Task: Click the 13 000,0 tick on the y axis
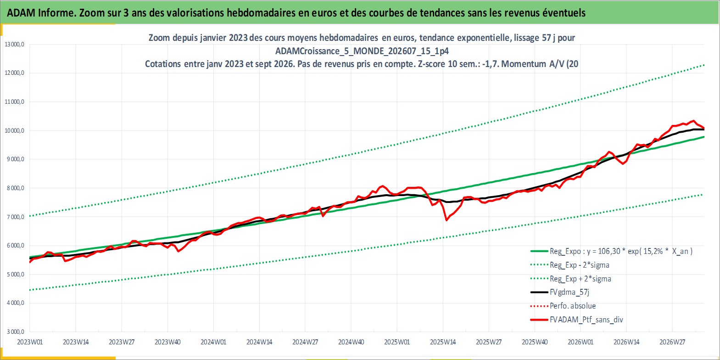click(x=15, y=45)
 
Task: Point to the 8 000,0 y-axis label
click(x=15, y=188)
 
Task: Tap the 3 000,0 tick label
click(x=15, y=332)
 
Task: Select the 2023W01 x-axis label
click(x=30, y=342)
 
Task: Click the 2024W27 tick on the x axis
click(x=305, y=342)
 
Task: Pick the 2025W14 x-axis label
click(x=443, y=342)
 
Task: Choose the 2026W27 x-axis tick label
click(x=672, y=342)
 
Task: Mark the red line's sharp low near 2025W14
click(x=447, y=220)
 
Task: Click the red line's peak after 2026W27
click(x=694, y=121)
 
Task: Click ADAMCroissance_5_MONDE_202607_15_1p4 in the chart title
click(x=362, y=51)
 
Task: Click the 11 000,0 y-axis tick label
click(x=15, y=102)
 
